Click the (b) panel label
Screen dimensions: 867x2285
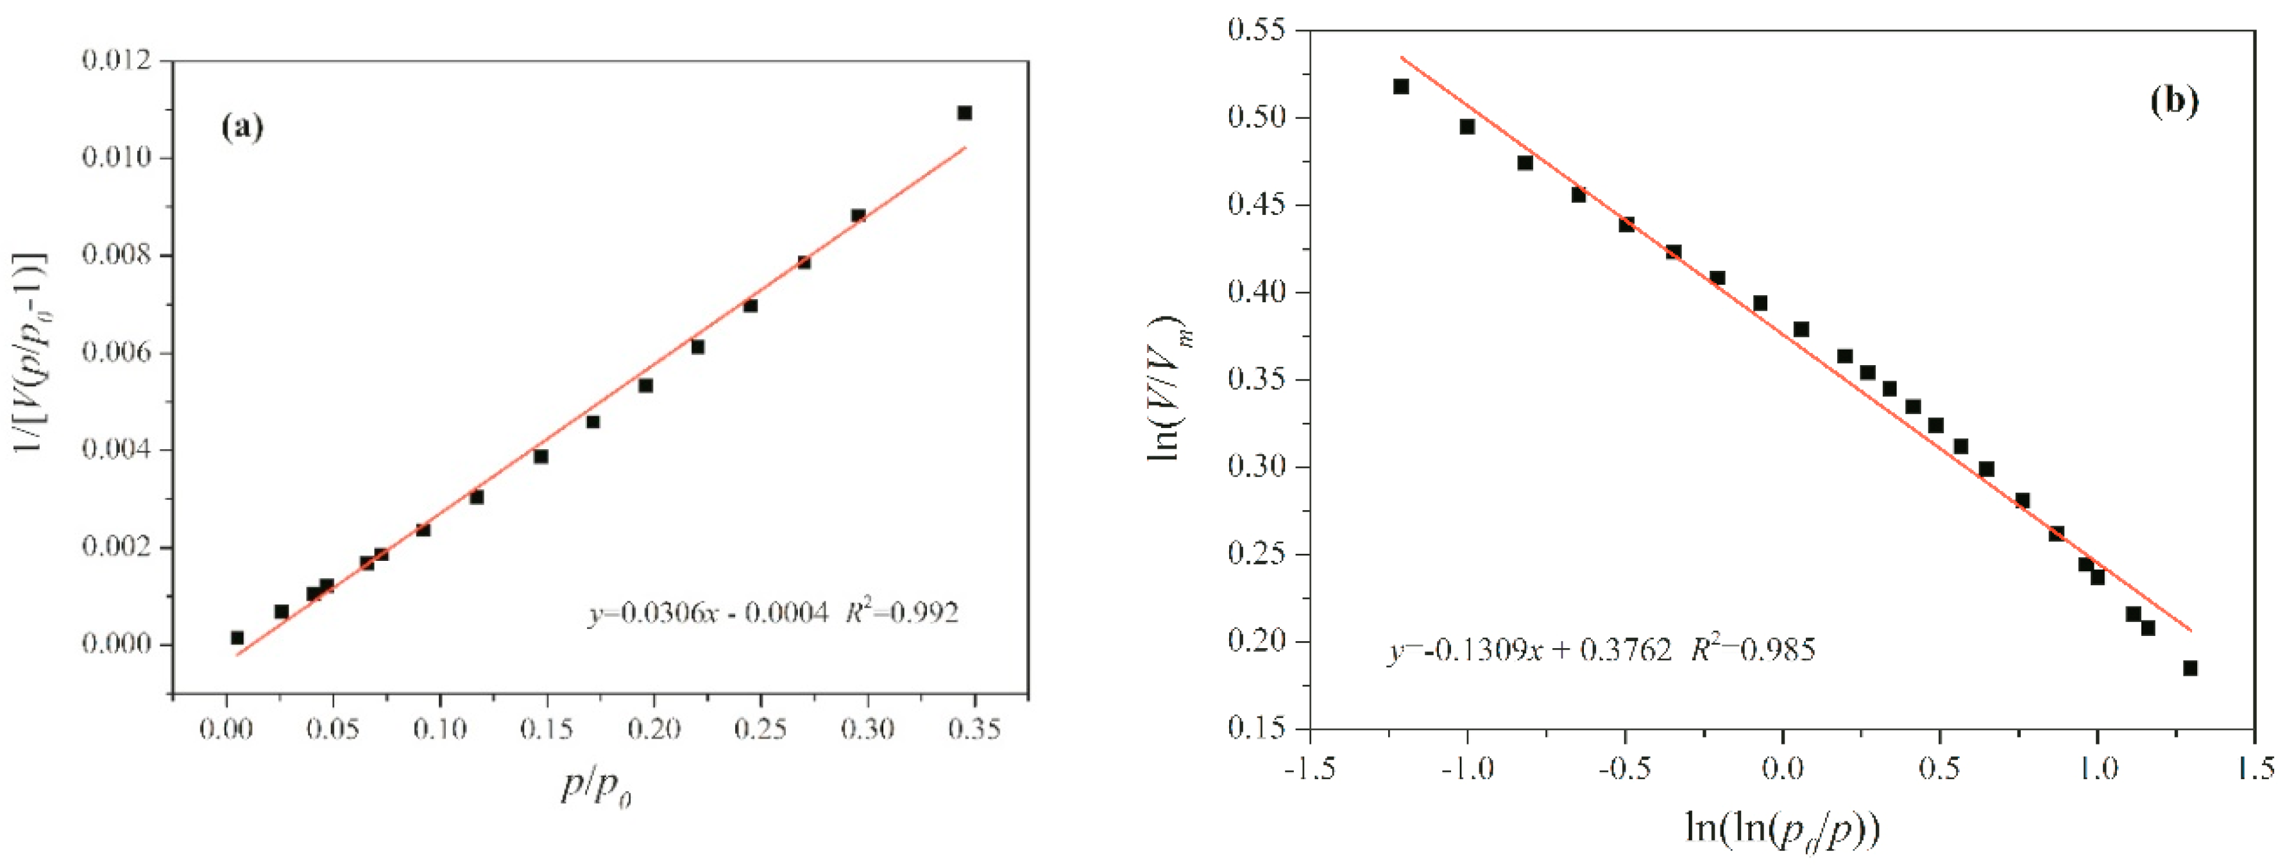2173,101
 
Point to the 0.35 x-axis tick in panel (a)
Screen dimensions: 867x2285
973,730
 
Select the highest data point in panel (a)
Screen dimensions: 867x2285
964,113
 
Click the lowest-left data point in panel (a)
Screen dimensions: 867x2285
237,637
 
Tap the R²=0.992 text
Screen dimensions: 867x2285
902,612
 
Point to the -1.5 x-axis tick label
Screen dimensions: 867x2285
1309,768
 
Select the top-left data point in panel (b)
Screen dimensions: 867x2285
1400,86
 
